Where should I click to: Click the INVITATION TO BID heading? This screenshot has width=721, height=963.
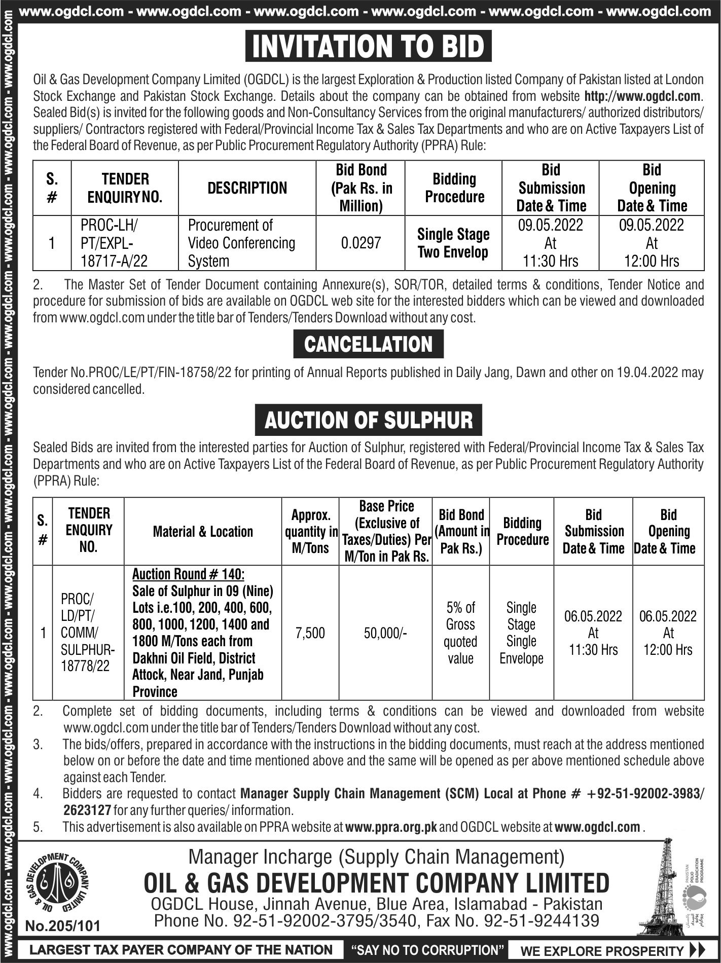368,46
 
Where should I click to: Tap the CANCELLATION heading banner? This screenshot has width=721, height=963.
368,344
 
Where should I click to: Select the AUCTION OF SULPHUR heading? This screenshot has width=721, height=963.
368,420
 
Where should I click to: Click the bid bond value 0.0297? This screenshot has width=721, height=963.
361,243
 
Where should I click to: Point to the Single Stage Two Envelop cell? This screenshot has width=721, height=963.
453,243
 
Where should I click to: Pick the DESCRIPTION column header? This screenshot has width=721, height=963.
247,188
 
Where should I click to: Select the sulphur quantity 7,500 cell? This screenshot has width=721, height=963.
310,633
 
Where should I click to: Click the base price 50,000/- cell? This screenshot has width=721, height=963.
385,633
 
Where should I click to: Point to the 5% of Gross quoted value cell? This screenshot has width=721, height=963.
460,633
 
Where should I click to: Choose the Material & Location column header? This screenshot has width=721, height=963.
203,532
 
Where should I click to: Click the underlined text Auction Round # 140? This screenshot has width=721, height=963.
188,574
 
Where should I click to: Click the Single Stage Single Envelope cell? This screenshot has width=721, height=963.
521,633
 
